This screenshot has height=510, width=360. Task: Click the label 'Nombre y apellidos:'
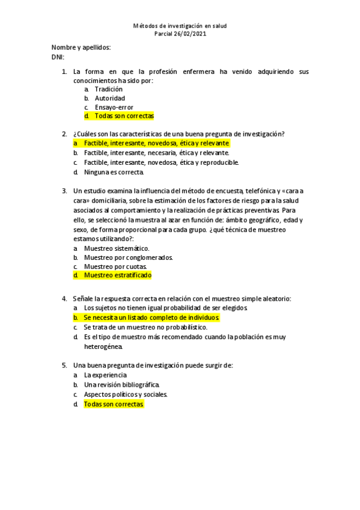pyautogui.click(x=81, y=48)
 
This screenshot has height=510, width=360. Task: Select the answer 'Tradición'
pyautogui.click(x=109, y=89)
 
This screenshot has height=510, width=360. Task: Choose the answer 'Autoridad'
pyautogui.click(x=110, y=98)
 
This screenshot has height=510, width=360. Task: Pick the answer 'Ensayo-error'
pyautogui.click(x=114, y=107)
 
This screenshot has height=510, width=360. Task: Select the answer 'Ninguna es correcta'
pyautogui.click(x=114, y=172)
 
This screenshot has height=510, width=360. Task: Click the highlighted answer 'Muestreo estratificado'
pyautogui.click(x=118, y=275)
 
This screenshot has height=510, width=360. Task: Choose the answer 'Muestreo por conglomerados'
pyautogui.click(x=128, y=257)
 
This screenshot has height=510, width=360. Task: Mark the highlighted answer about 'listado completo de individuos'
pyautogui.click(x=152, y=317)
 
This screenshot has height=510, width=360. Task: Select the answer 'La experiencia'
pyautogui.click(x=105, y=375)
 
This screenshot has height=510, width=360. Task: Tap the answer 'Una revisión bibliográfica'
pyautogui.click(x=122, y=384)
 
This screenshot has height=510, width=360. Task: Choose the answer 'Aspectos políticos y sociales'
pyautogui.click(x=126, y=394)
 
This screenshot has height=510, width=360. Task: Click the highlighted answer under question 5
pyautogui.click(x=114, y=404)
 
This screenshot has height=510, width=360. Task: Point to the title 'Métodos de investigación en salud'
pyautogui.click(x=180, y=26)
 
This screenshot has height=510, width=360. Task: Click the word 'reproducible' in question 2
pyautogui.click(x=219, y=162)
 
